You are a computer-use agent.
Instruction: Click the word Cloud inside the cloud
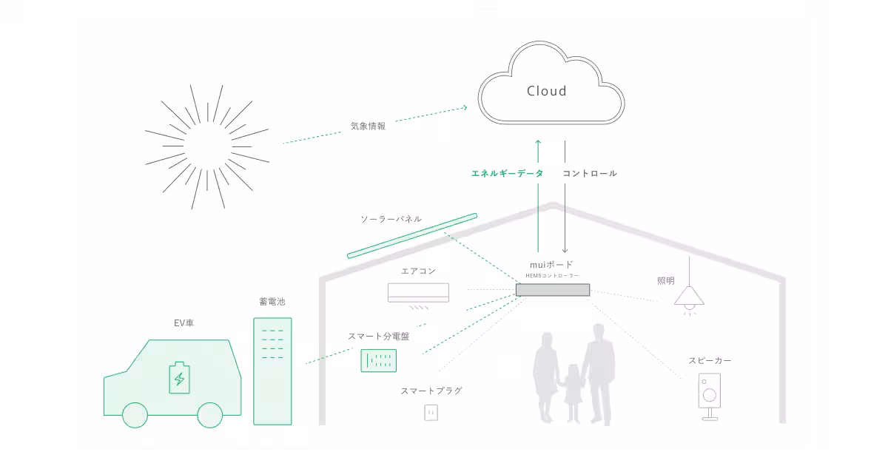pyautogui.click(x=546, y=91)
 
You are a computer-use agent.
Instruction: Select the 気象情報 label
pyautogui.click(x=368, y=126)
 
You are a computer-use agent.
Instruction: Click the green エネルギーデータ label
pyautogui.click(x=508, y=173)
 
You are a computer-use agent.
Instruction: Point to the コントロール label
pyautogui.click(x=590, y=173)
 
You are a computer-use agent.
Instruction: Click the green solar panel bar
pyautogui.click(x=412, y=236)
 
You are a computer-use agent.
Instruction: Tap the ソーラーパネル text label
pyautogui.click(x=391, y=219)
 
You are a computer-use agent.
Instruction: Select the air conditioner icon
pyautogui.click(x=418, y=294)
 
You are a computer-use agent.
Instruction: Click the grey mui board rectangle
pyautogui.click(x=553, y=290)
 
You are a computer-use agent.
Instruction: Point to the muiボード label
pyautogui.click(x=552, y=264)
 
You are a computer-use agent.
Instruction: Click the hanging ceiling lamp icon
pyautogui.click(x=689, y=296)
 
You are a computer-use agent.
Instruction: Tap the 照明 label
pyautogui.click(x=666, y=281)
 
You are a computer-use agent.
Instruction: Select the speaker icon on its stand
pyautogui.click(x=710, y=395)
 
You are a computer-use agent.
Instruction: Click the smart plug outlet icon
pyautogui.click(x=431, y=412)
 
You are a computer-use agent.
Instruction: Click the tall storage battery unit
pyautogui.click(x=272, y=371)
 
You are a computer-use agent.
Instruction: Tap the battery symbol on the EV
pyautogui.click(x=179, y=378)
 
